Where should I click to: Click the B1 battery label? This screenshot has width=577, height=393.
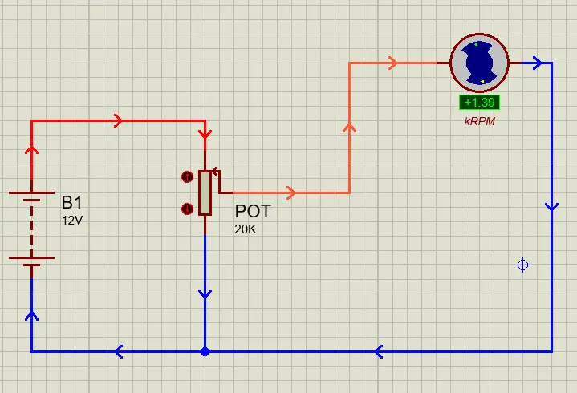click(72, 202)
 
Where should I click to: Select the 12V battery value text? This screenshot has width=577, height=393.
click(72, 221)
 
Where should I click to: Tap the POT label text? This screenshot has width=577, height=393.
click(253, 211)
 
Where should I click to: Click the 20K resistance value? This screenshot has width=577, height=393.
click(246, 229)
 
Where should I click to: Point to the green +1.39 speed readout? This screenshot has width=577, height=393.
click(479, 102)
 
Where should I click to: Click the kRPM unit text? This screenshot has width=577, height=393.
click(479, 121)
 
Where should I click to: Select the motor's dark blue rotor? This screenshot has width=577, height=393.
click(479, 63)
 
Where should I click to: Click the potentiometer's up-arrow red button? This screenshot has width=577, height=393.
click(187, 176)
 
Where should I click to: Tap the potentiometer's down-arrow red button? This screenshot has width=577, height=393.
click(187, 209)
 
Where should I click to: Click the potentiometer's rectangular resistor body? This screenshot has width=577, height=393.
click(205, 192)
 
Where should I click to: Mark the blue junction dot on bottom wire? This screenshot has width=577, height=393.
click(205, 351)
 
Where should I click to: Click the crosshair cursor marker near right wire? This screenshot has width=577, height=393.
click(523, 265)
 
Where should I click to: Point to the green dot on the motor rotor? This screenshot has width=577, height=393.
click(476, 44)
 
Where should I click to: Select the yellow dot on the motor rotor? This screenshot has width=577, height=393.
click(482, 81)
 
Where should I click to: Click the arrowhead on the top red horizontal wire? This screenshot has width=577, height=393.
click(118, 120)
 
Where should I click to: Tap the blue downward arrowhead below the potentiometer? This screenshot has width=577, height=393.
click(205, 294)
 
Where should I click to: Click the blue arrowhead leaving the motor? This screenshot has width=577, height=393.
click(537, 63)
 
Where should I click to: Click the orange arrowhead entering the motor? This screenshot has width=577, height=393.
click(393, 63)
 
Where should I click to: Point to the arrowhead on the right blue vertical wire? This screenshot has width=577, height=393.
click(551, 207)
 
